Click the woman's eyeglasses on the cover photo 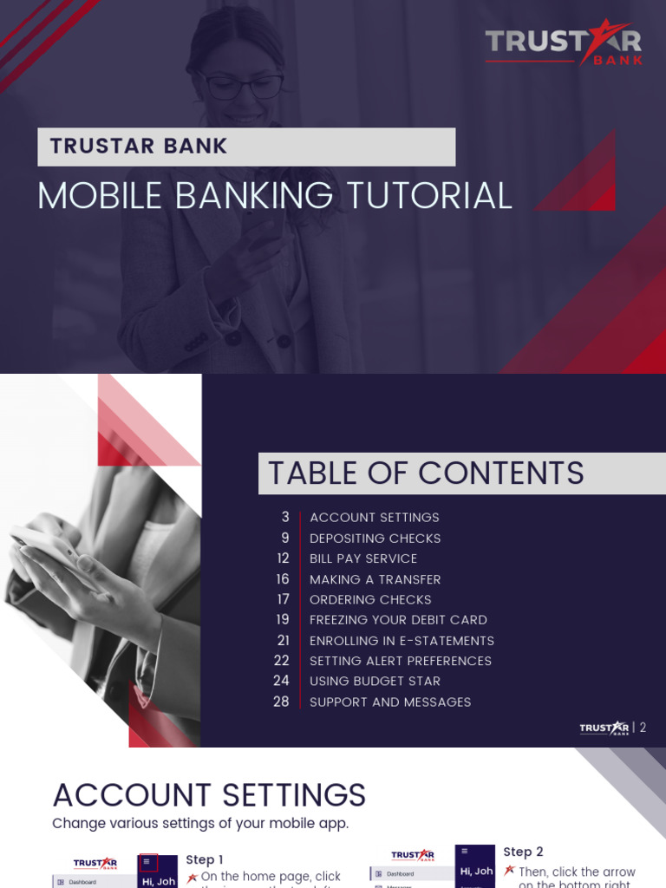[x=243, y=85]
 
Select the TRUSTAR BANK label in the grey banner [x=139, y=147]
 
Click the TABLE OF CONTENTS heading [x=426, y=473]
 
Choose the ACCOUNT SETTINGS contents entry [x=374, y=518]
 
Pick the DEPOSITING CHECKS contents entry [x=375, y=539]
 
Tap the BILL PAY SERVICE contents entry [x=363, y=558]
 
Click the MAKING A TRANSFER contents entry [x=375, y=579]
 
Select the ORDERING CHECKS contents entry [x=370, y=599]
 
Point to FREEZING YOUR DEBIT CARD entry [x=398, y=620]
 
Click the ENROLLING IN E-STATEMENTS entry [x=402, y=641]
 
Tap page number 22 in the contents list [x=281, y=661]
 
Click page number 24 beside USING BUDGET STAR [x=281, y=681]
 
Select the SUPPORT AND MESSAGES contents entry [x=390, y=702]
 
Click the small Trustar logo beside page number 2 [x=604, y=728]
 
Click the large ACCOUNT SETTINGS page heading [x=209, y=795]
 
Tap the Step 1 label [x=205, y=859]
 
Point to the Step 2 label [x=523, y=852]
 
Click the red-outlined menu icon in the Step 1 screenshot [x=148, y=862]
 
